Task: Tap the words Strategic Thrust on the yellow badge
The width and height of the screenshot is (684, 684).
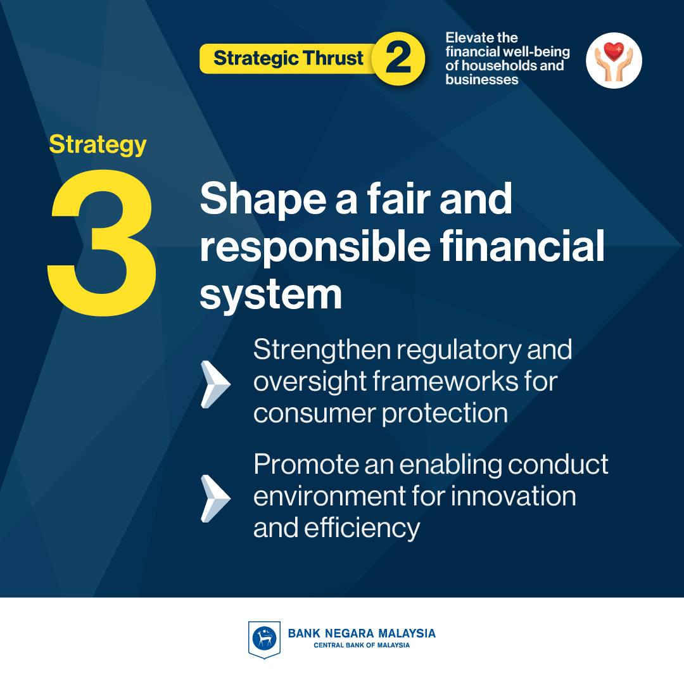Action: [288, 58]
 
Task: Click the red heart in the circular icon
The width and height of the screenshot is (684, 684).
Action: [614, 51]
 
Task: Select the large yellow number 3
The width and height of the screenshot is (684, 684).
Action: [102, 243]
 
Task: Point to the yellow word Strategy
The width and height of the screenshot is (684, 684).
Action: [98, 144]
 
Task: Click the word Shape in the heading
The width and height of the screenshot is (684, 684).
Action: [263, 200]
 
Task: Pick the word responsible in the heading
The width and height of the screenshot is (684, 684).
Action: [315, 246]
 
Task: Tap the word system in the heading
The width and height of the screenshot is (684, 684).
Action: [271, 295]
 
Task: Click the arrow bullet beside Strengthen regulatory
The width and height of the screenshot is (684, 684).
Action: [215, 384]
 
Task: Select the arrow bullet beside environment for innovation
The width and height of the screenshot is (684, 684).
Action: [215, 498]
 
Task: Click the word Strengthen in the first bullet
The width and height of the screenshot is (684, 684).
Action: [322, 351]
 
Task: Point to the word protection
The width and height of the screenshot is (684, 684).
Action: [445, 413]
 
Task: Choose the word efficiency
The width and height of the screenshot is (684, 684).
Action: [362, 529]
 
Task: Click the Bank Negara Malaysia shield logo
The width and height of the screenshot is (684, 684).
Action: [264, 640]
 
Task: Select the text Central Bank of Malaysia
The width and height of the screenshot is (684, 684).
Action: [362, 645]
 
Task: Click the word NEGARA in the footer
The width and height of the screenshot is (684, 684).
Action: [350, 633]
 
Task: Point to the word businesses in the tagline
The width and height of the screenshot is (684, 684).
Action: [481, 79]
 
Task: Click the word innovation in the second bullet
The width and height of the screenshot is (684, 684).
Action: [513, 497]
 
